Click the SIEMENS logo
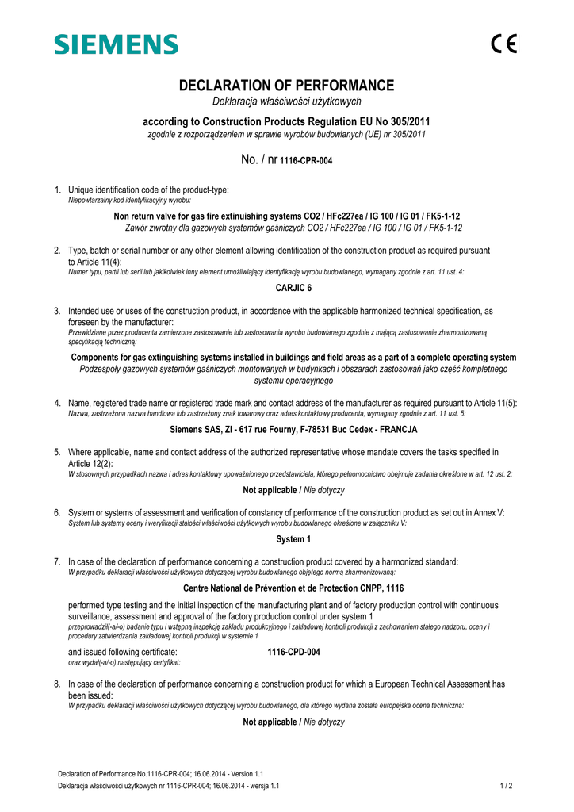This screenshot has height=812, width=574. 116,44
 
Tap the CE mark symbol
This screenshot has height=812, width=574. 503,44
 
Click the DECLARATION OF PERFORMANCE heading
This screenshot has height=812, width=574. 286,86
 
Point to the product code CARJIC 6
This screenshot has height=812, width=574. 287,288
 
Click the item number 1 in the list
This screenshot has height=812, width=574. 57,190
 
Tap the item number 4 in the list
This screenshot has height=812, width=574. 57,404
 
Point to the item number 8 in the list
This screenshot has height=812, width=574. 57,684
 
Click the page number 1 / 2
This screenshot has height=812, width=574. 507,786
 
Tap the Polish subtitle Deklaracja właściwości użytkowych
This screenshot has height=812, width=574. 286,101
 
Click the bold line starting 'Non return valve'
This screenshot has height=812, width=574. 287,216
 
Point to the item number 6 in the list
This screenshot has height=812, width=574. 57,513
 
